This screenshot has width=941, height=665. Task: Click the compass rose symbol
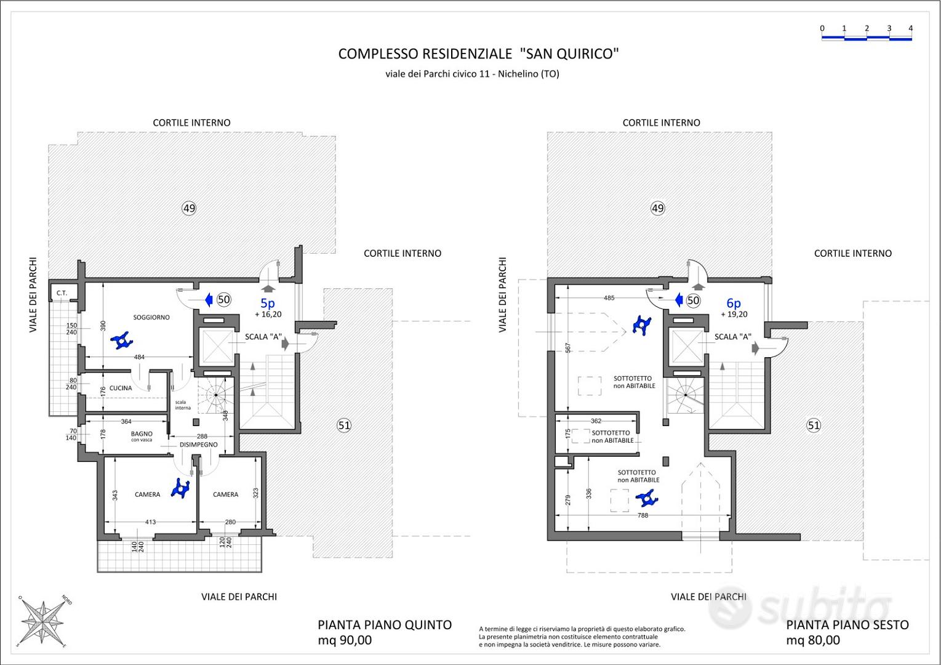pos(42,621)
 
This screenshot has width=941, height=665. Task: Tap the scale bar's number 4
pos(910,28)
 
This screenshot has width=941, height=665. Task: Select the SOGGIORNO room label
pos(151,317)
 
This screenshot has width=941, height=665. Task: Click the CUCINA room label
pos(121,388)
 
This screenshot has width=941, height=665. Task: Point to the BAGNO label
pos(142,433)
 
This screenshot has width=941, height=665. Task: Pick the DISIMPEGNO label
pos(199,445)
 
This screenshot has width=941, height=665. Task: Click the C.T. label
pos(62,293)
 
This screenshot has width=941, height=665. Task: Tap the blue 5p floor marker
pos(268,303)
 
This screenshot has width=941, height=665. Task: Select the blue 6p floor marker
pos(734,303)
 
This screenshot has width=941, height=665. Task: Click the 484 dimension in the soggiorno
pos(139,357)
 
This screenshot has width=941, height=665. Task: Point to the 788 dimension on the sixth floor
pos(643,515)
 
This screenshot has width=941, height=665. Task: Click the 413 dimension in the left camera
pos(150,522)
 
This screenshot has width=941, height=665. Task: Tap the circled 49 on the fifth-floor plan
pos(189,208)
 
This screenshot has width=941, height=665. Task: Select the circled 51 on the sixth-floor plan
pos(814,425)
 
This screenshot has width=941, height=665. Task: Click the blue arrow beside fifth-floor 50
pos(209,300)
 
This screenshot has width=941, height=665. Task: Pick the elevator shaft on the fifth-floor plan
pos(218,346)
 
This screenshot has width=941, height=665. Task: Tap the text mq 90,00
pos(345,640)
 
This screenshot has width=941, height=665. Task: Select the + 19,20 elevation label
pos(734,314)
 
